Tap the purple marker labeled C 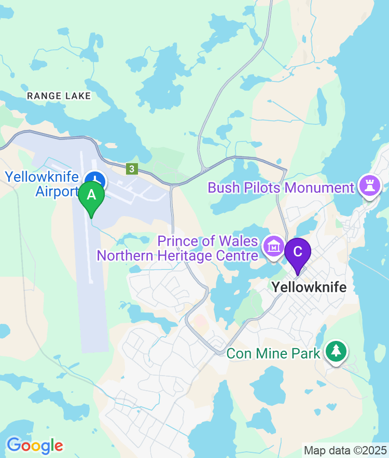(x=298, y=252)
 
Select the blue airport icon (x=95, y=181)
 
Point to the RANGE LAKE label (x=59, y=96)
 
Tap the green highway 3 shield (x=132, y=169)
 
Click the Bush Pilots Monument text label (x=281, y=187)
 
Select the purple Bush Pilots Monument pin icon (x=370, y=187)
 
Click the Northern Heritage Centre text (x=177, y=255)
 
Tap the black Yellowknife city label (x=309, y=287)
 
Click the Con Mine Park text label (x=273, y=354)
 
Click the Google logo (x=35, y=445)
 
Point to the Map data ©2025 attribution (x=345, y=450)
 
